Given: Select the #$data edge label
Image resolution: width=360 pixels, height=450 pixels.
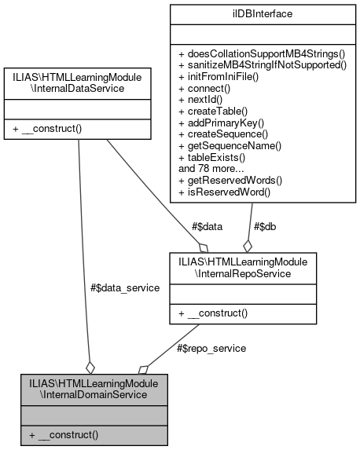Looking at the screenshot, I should point(207,227).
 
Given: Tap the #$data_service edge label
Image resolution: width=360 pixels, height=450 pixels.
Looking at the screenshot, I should point(125,288).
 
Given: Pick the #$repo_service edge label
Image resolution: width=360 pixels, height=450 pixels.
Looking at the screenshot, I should point(211,348).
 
